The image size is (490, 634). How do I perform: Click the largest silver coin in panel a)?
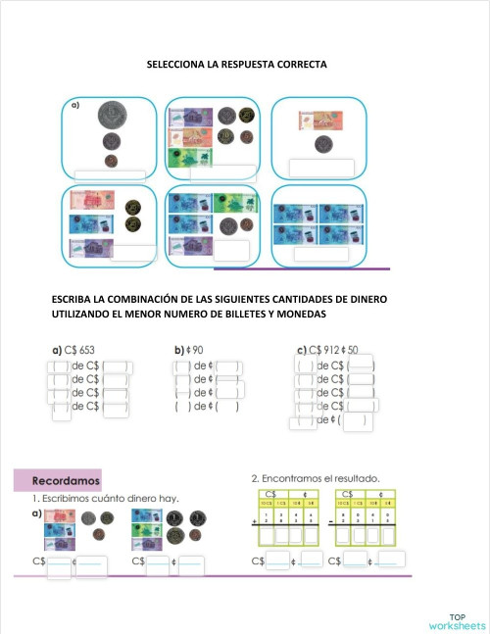[x=111, y=118]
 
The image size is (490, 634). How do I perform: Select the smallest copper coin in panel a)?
[x=111, y=160]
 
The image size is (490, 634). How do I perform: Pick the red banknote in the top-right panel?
[x=316, y=121]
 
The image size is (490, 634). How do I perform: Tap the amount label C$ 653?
[x=79, y=349]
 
